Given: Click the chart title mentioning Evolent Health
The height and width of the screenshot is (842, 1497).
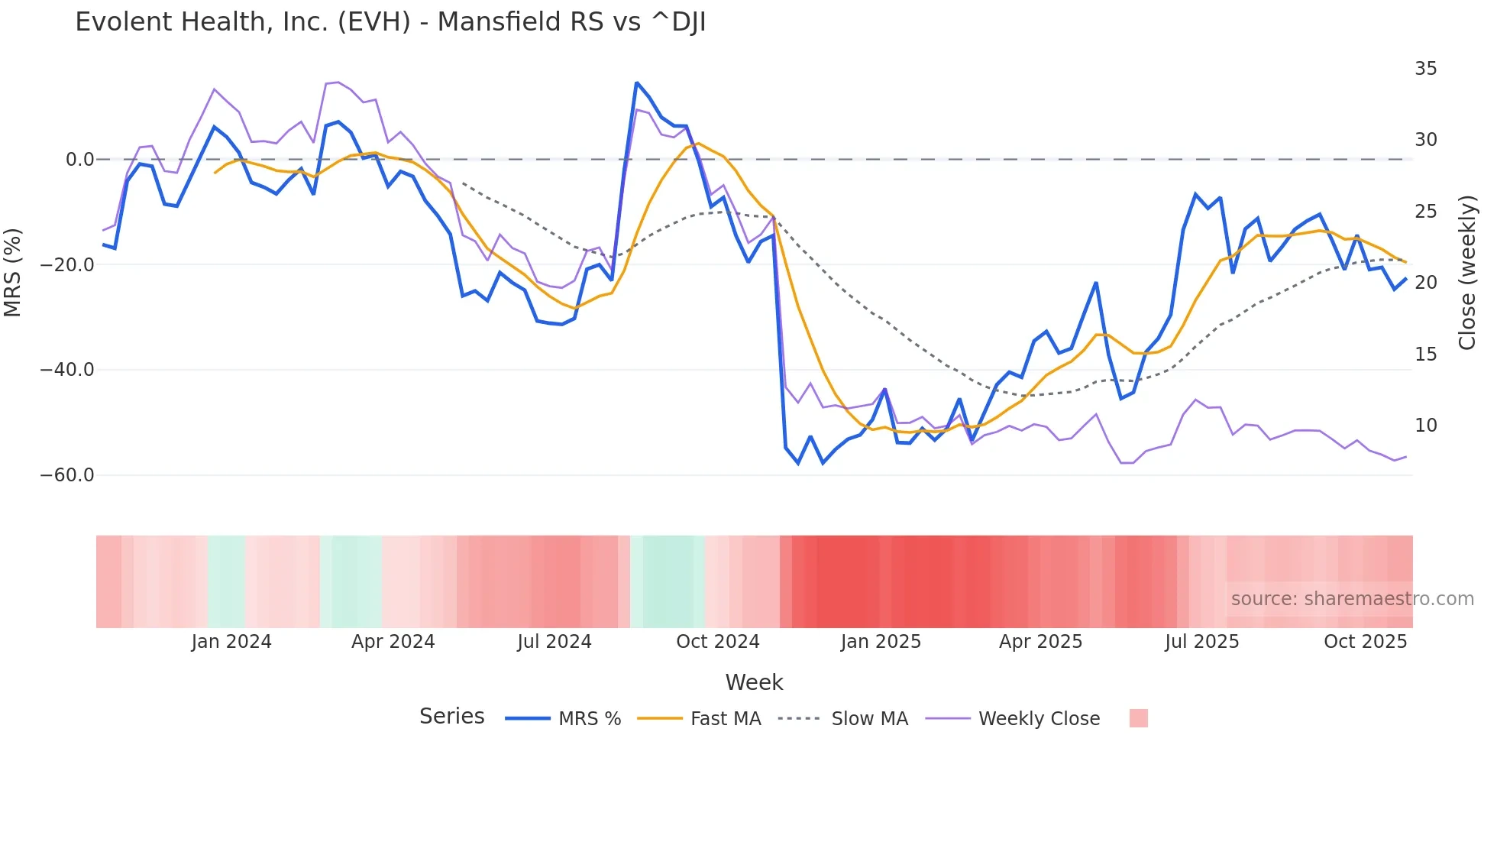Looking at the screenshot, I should (390, 22).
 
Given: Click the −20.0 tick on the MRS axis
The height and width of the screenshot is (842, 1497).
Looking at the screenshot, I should (67, 265).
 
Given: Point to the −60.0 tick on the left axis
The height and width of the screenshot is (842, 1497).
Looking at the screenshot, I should (67, 475).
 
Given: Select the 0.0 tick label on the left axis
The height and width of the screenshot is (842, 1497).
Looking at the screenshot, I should (79, 160).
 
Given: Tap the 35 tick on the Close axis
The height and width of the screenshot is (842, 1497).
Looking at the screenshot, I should (1425, 69).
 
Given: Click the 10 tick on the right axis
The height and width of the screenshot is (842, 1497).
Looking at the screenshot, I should (1425, 426).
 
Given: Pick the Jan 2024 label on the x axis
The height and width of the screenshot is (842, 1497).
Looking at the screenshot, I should (231, 642).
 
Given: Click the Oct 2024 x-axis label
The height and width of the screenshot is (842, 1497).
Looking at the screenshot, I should (717, 642).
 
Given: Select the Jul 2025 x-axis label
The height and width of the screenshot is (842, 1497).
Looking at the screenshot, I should (1201, 642).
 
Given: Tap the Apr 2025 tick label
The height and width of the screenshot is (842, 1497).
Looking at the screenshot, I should (1040, 642).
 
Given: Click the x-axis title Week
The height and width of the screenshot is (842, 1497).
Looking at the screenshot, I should (754, 682).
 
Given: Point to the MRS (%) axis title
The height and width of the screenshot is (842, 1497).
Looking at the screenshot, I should (13, 272).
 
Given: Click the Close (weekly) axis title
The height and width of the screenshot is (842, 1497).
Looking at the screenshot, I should (1467, 272).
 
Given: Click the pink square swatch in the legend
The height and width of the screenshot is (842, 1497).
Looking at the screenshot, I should (1138, 718).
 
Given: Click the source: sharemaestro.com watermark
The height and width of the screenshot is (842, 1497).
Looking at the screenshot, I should (1352, 599).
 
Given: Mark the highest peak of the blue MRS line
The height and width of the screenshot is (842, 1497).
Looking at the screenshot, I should (636, 83).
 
